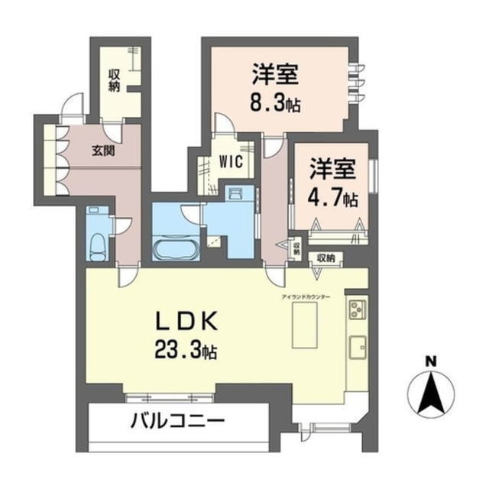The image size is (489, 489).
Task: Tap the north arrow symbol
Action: (x=431, y=393)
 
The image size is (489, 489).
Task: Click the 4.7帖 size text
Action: (x=334, y=198)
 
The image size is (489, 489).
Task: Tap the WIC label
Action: (x=231, y=163)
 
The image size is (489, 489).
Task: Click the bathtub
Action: (x=176, y=249)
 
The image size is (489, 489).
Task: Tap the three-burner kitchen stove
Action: (x=358, y=309)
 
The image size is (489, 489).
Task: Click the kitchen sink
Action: (x=358, y=348)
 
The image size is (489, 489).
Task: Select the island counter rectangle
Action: (x=304, y=324)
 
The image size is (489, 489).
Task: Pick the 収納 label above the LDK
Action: (x=325, y=258)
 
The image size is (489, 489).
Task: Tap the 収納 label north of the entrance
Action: (x=114, y=80)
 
